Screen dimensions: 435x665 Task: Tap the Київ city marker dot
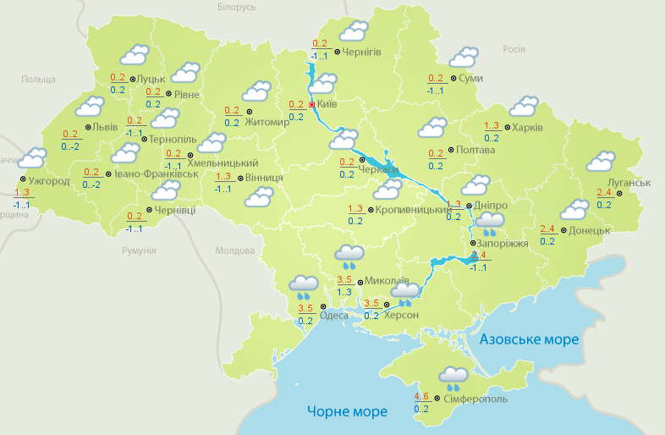pyautogui.click(x=311, y=105)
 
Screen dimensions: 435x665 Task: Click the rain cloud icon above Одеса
pyautogui.click(x=303, y=286)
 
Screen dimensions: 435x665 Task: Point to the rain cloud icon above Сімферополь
pyautogui.click(x=453, y=377)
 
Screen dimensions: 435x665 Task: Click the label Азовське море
pyautogui.click(x=529, y=339)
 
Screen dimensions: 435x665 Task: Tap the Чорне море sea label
pyautogui.click(x=347, y=412)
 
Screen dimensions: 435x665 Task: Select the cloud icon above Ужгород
pyautogui.click(x=32, y=158)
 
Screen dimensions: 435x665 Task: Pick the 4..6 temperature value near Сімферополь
pyautogui.click(x=420, y=396)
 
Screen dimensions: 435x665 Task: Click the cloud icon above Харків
pyautogui.click(x=524, y=106)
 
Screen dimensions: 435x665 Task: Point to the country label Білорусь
pyautogui.click(x=236, y=7)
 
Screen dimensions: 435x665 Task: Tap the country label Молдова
pyautogui.click(x=234, y=251)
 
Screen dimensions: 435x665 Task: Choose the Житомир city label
pyautogui.click(x=267, y=122)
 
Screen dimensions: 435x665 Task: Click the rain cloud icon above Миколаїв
pyautogui.click(x=349, y=254)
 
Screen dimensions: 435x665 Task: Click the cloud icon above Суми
pyautogui.click(x=463, y=58)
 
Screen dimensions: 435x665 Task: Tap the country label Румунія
pyautogui.click(x=139, y=251)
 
